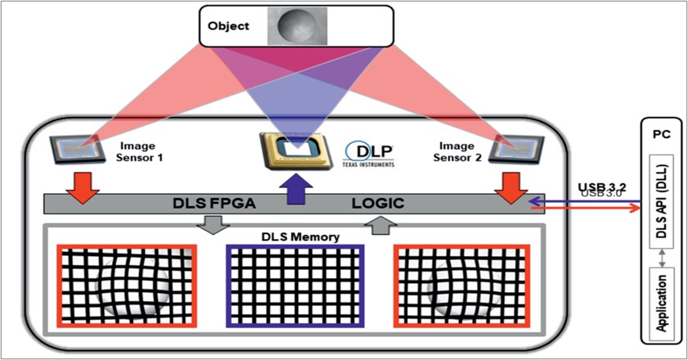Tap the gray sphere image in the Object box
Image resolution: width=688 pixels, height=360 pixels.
coord(297,25)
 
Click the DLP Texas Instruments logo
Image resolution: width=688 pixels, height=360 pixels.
coord(370,154)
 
